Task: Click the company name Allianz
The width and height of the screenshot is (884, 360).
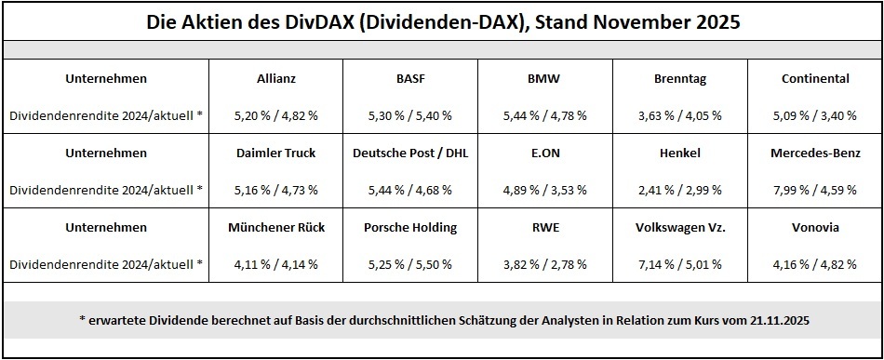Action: coord(275,79)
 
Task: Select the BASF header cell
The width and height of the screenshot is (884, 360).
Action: coord(409,79)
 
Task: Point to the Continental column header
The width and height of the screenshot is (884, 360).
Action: coord(815,79)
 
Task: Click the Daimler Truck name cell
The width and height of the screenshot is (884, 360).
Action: coord(275,153)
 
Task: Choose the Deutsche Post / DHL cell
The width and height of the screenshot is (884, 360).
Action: coord(409,153)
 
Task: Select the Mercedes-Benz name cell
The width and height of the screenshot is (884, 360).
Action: coord(815,153)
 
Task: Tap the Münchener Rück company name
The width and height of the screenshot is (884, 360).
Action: coord(275,227)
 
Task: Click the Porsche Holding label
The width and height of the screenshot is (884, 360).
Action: coord(409,227)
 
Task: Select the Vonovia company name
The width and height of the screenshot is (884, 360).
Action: coord(815,227)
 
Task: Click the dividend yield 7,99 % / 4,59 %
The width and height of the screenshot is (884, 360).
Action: coord(815,190)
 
